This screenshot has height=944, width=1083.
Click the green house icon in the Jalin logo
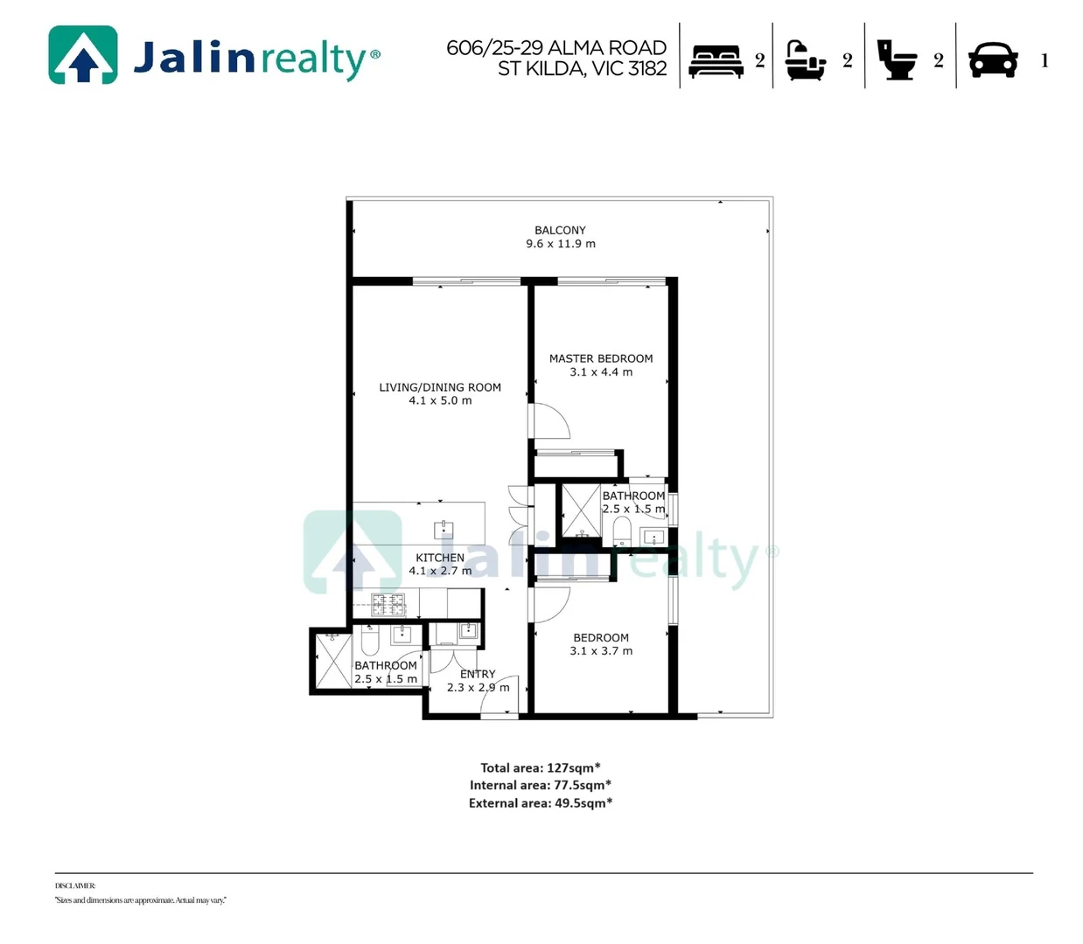pos(83,55)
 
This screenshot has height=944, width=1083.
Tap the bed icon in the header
pos(716,60)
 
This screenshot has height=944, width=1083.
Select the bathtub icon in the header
pos(805,60)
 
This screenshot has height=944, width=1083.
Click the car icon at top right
pos(993,60)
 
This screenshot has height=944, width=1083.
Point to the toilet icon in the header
pos(897,60)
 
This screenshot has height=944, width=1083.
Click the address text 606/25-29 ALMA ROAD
pos(556,47)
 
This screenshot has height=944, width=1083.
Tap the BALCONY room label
pos(560,231)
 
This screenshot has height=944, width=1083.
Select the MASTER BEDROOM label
pos(601,358)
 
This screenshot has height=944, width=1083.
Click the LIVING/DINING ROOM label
pos(440,387)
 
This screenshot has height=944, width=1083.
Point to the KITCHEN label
pos(440,558)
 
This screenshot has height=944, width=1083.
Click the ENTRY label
pos(478,674)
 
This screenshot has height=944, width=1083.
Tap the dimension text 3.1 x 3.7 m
pos(601,651)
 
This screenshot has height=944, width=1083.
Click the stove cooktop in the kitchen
pos(388,603)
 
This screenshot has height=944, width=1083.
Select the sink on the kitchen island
pos(444,529)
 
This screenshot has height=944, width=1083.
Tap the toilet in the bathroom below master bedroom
pos(622,531)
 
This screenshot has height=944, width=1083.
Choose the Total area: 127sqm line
pos(541,767)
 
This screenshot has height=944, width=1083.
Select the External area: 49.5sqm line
pos(541,803)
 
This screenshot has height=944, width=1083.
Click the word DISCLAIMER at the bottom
pos(75,885)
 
